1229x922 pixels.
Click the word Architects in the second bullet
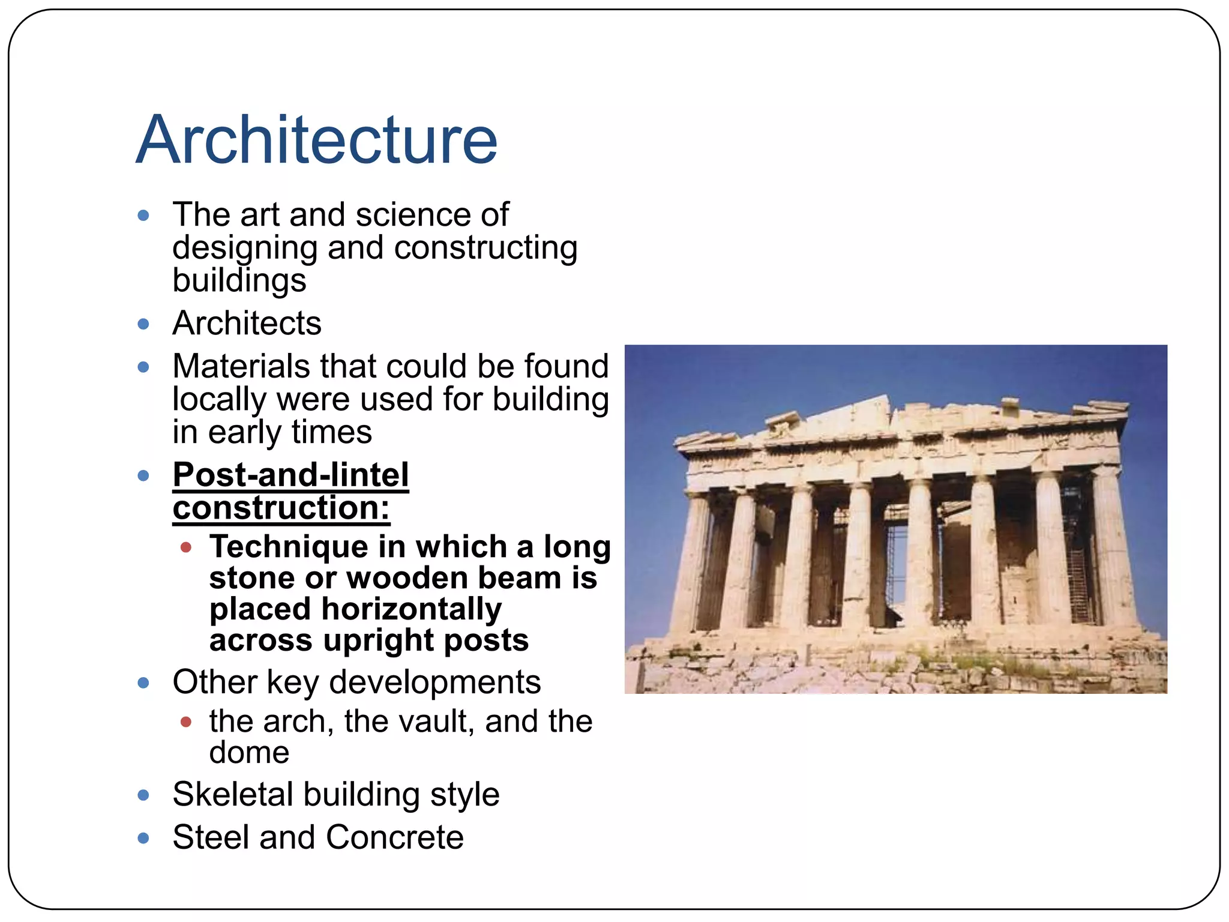pyautogui.click(x=247, y=323)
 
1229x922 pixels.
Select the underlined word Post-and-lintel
pyautogui.click(x=291, y=475)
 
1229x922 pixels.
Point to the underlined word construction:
pyautogui.click(x=281, y=508)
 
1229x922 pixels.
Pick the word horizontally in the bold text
pyautogui.click(x=412, y=609)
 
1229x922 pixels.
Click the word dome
pyautogui.click(x=249, y=753)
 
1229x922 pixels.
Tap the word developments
pyautogui.click(x=435, y=682)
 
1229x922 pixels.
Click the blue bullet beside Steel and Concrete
pyautogui.click(x=143, y=838)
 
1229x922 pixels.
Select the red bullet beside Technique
pyautogui.click(x=186, y=547)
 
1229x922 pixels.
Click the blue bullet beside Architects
pyautogui.click(x=143, y=324)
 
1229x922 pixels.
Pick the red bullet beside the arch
pyautogui.click(x=186, y=722)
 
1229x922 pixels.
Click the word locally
pyautogui.click(x=219, y=399)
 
